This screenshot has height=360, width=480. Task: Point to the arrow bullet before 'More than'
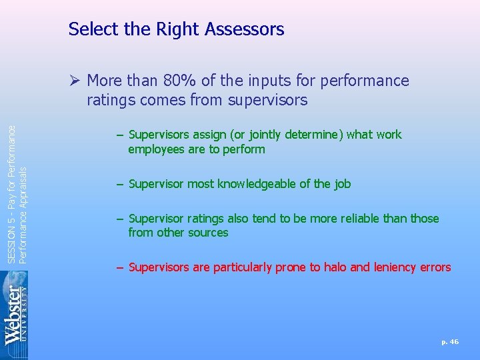point(74,81)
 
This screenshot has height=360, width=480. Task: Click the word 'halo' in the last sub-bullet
point(335,267)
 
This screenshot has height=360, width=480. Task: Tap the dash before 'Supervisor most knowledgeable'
point(119,184)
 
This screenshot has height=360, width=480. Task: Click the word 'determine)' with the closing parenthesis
point(313,135)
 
